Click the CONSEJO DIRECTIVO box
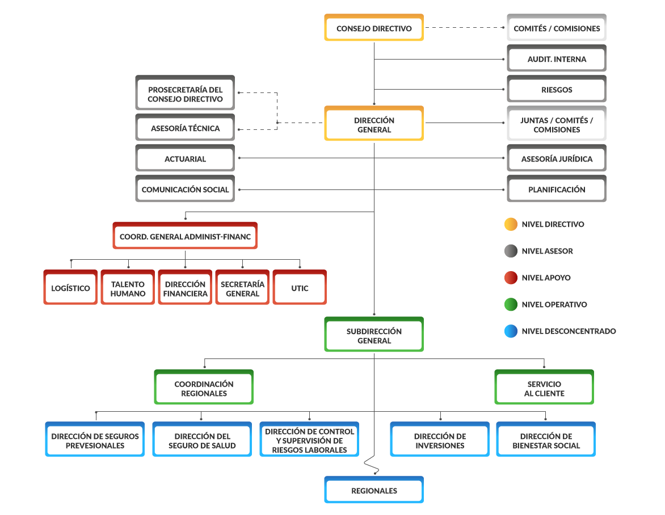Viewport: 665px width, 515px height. (374, 28)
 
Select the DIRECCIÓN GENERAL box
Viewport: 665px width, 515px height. (374, 124)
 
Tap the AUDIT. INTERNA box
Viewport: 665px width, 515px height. (557, 59)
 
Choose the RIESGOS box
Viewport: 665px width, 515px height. (557, 90)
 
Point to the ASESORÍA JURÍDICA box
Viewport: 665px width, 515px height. (557, 159)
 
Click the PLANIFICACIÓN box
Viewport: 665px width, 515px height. (557, 189)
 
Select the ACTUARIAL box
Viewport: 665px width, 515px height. (185, 159)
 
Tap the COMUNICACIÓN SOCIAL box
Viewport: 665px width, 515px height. (185, 189)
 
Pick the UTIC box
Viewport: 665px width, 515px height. (300, 288)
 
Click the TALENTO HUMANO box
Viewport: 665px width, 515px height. (128, 288)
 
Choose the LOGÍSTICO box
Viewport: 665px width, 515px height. (70, 288)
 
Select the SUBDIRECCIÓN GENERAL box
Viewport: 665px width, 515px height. (374, 335)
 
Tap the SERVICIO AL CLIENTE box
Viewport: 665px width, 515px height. (544, 388)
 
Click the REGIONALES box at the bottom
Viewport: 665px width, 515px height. (374, 491)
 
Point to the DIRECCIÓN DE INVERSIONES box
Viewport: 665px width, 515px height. (440, 440)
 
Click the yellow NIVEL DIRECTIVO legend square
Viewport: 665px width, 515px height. (511, 224)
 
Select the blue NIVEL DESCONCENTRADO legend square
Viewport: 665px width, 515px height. (511, 331)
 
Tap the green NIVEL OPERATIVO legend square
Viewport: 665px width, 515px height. (511, 305)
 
